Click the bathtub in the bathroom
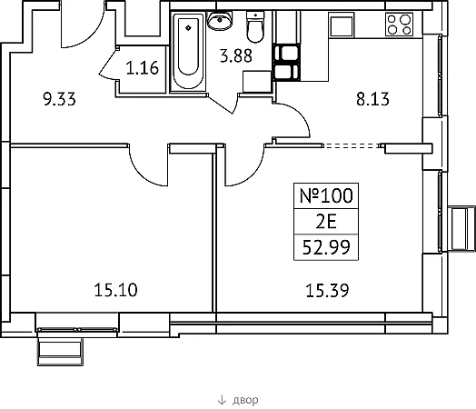click(188, 52)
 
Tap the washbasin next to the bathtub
click(220, 20)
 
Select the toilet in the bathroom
click(255, 26)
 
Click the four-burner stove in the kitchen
click(399, 25)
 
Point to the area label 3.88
click(236, 55)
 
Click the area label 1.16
click(142, 67)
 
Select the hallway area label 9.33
click(59, 99)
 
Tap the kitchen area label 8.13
click(372, 99)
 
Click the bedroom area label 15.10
click(115, 290)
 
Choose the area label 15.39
click(327, 290)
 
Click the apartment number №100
click(326, 195)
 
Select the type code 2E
click(326, 222)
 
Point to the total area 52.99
click(326, 247)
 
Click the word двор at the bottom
click(245, 400)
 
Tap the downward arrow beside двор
click(222, 400)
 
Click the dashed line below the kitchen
click(352, 146)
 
